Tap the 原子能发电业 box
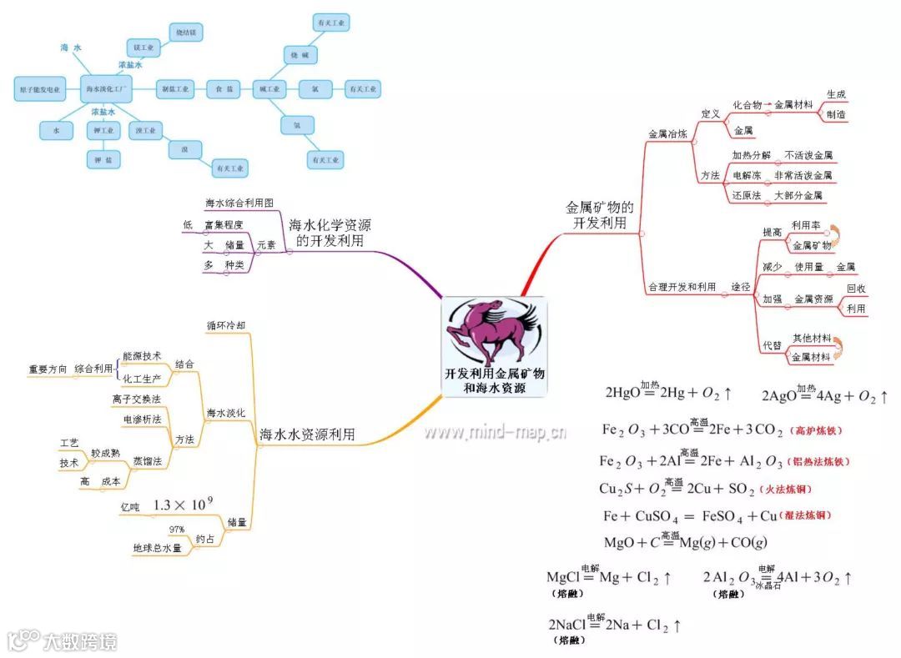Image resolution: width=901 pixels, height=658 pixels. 41,88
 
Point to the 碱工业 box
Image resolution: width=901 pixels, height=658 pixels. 268,88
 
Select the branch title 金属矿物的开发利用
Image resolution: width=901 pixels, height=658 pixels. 600,215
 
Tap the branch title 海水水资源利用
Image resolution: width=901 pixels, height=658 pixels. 307,434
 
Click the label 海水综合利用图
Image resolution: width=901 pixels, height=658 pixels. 239,203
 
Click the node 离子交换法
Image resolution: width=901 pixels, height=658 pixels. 136,399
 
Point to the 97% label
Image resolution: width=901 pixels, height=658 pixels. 177,530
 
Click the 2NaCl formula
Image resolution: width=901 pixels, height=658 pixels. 613,625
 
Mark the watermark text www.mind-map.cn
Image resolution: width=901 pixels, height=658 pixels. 495,432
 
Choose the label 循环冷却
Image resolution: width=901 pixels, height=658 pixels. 226,324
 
